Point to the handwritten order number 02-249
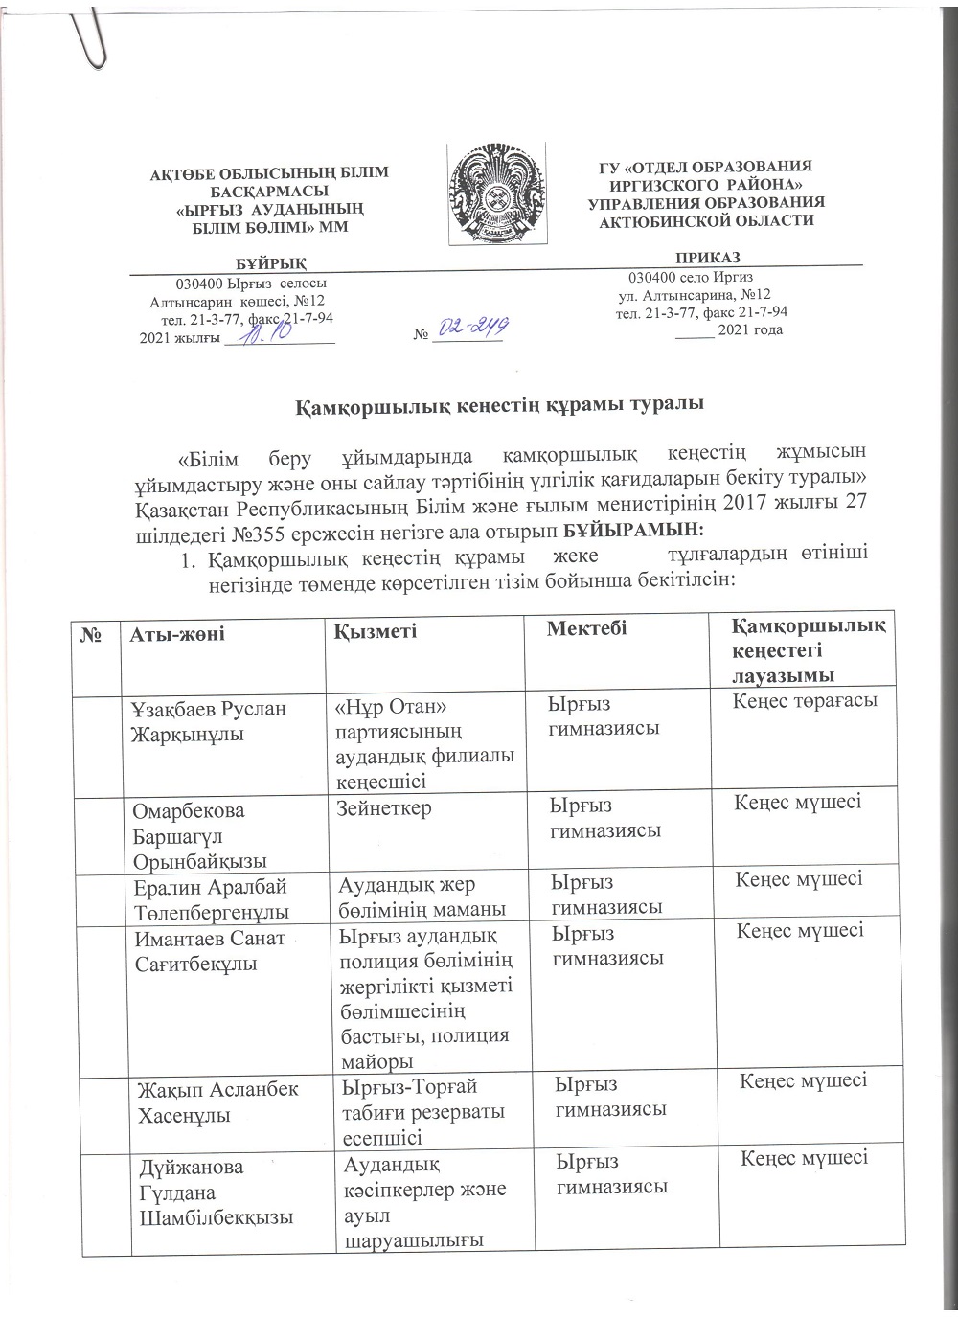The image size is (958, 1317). [x=470, y=329]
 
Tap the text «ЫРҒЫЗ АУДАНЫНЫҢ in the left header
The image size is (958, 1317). [x=271, y=210]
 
